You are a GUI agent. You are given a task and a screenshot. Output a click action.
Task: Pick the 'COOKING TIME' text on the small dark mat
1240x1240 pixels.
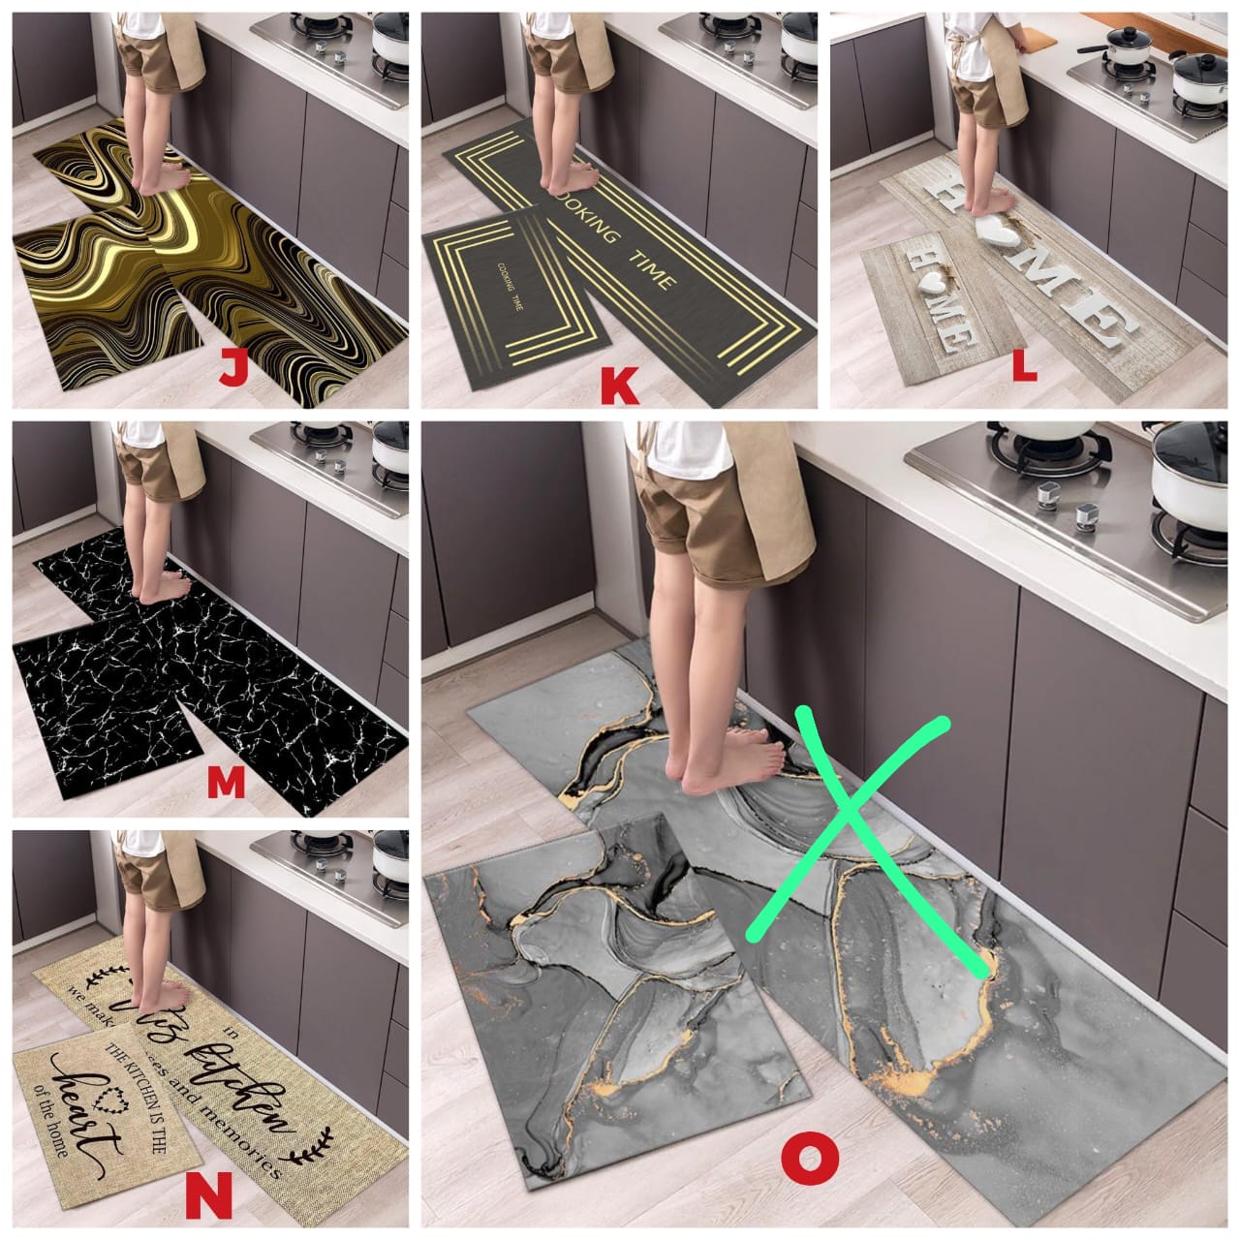click(508, 286)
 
